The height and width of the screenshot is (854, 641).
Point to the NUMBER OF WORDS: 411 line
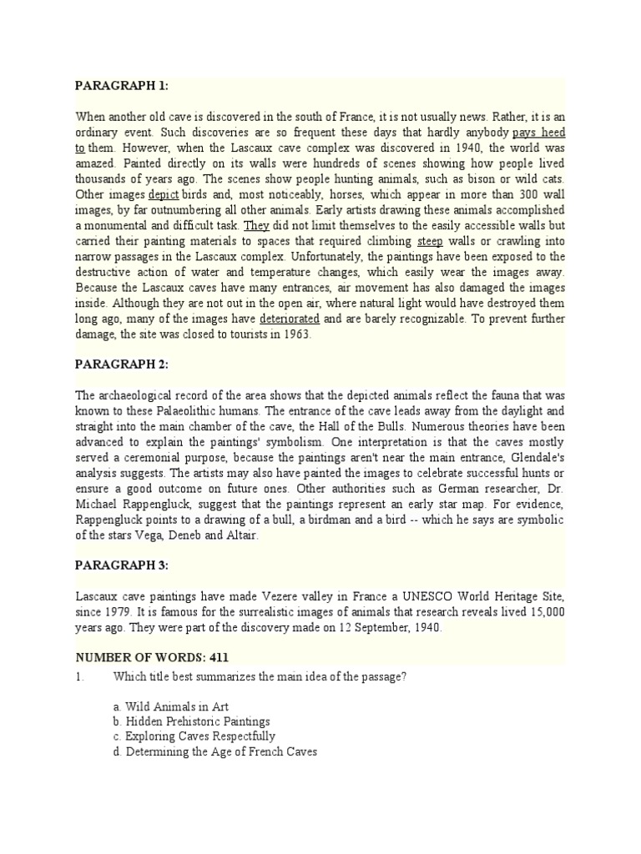(x=152, y=657)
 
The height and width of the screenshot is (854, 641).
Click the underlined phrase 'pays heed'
(x=538, y=133)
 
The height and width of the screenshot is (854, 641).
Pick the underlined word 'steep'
(x=431, y=241)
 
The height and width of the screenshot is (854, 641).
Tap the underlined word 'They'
(x=256, y=225)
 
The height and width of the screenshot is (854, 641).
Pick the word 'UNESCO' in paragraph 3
(x=405, y=596)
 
